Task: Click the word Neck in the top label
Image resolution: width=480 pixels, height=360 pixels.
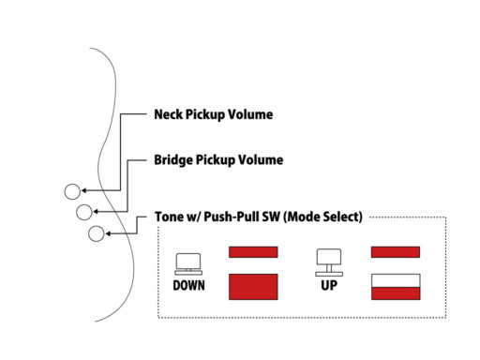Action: tap(168, 114)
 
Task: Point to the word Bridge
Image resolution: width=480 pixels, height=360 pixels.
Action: tap(173, 160)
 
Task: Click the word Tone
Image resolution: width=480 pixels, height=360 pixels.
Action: tap(169, 217)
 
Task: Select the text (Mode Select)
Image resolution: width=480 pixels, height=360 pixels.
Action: tap(322, 217)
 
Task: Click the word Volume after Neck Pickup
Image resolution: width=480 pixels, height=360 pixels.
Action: tap(250, 114)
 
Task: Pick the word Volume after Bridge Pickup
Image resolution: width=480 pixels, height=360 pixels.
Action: tap(261, 159)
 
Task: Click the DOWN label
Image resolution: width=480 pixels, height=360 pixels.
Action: tap(188, 285)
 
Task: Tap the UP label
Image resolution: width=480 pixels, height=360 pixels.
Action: tap(329, 285)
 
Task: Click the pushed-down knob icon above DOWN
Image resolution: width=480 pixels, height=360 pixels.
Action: tap(188, 264)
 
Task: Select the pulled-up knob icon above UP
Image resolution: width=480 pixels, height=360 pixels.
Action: tap(329, 262)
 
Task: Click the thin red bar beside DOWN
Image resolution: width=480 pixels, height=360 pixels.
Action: tap(253, 252)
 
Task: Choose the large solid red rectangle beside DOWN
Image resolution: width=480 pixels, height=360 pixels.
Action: tap(253, 287)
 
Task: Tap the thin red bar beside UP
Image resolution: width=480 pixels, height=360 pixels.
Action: tap(396, 252)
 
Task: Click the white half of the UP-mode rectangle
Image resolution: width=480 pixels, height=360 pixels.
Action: tap(396, 280)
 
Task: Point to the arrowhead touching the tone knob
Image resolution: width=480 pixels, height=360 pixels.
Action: tap(108, 233)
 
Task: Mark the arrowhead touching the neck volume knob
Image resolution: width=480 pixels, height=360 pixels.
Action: tap(84, 190)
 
